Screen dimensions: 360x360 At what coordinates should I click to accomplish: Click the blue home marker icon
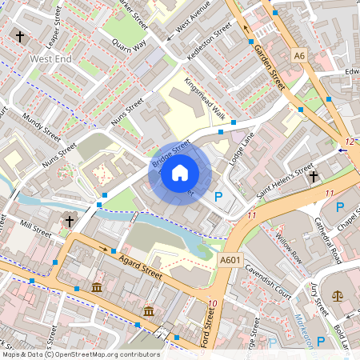180,172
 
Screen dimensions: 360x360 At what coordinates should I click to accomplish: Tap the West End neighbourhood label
51,58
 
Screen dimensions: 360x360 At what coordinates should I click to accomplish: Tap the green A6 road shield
299,56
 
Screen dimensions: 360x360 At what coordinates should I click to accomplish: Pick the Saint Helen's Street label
285,181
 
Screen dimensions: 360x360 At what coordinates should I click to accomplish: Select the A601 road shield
230,259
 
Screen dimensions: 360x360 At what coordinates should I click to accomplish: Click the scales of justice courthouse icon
337,295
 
